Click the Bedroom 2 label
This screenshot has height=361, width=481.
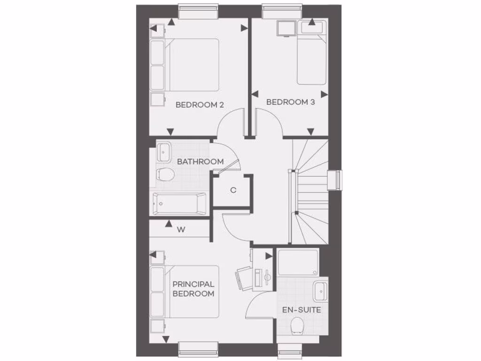(x=199, y=105)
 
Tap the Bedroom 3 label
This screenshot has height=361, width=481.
(x=290, y=102)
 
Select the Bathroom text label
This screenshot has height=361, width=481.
(x=200, y=162)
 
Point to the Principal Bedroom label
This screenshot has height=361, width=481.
(x=193, y=289)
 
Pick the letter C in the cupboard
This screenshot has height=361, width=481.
(x=233, y=190)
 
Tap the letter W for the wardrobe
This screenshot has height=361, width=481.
(x=181, y=230)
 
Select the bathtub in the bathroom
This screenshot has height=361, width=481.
(x=178, y=204)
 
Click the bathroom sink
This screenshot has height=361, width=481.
(x=164, y=151)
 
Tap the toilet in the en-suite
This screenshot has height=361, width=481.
(x=297, y=325)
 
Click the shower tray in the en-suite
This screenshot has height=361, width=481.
(x=298, y=263)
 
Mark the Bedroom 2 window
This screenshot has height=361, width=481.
(x=198, y=11)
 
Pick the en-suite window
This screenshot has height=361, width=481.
(x=290, y=350)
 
